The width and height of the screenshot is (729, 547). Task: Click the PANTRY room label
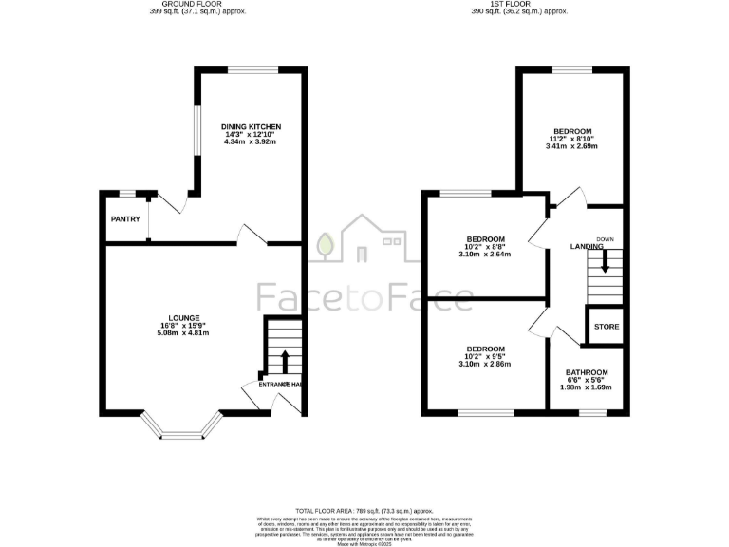tap(125, 219)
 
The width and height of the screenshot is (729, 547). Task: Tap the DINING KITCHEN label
tap(252, 126)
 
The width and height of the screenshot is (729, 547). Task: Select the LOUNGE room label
tap(184, 318)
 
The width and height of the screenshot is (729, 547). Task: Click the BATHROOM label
tap(587, 373)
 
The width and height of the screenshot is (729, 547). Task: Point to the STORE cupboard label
tap(607, 327)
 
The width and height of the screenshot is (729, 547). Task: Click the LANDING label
tap(587, 247)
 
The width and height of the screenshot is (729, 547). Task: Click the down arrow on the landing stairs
tap(605, 256)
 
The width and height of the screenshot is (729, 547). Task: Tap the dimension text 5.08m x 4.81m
tap(184, 333)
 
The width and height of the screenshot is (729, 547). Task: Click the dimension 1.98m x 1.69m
tap(587, 387)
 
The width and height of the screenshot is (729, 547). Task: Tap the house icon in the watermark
tap(364, 242)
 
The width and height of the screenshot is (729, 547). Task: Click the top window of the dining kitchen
tap(252, 70)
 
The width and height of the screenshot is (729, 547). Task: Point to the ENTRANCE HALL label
tap(282, 384)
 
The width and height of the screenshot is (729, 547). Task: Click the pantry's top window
tap(126, 194)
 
